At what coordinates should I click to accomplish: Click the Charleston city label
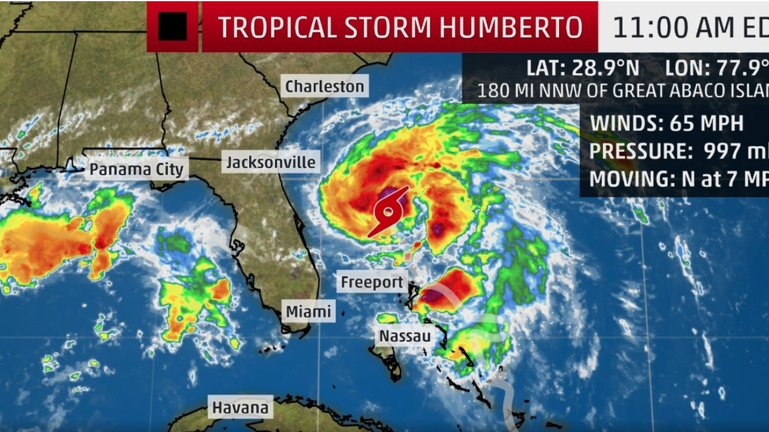pos(325,86)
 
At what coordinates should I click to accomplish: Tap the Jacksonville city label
pos(271,163)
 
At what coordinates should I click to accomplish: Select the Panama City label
pos(136,169)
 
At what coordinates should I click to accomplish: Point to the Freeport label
pos(372,282)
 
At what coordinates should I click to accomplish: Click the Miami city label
pos(308,311)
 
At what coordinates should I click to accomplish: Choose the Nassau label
pos(405,336)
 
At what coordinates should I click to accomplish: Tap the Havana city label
pos(240,407)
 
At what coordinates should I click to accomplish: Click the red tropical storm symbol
pos(388,212)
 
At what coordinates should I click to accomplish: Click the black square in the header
pos(172,26)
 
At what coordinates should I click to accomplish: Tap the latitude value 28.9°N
pos(606,68)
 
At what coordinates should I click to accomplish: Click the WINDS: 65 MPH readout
pos(667,123)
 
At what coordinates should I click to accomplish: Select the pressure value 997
pos(725,151)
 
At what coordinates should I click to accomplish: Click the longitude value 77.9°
pos(742,68)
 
